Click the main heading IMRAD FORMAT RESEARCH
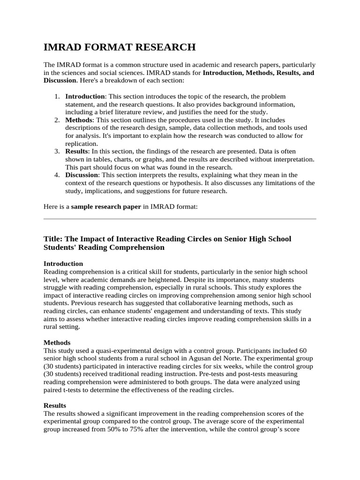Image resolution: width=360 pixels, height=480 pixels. pos(119,47)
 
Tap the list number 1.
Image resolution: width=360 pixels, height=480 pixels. pos(56,96)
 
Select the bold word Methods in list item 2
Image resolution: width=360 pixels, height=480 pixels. pos(79,120)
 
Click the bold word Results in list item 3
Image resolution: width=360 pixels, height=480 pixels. pos(76,151)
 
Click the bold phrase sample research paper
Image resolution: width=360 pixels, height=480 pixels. pos(105,206)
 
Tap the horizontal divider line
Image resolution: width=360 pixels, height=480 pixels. pos(180,218)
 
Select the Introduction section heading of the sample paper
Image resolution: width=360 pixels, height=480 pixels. pos(63,263)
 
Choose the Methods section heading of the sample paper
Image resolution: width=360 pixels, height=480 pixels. pos(57,343)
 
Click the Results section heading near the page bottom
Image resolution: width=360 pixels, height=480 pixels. pos(55,405)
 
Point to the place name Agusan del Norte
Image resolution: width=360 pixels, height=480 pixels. pos(224,359)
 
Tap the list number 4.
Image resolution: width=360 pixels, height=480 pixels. pos(56,175)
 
